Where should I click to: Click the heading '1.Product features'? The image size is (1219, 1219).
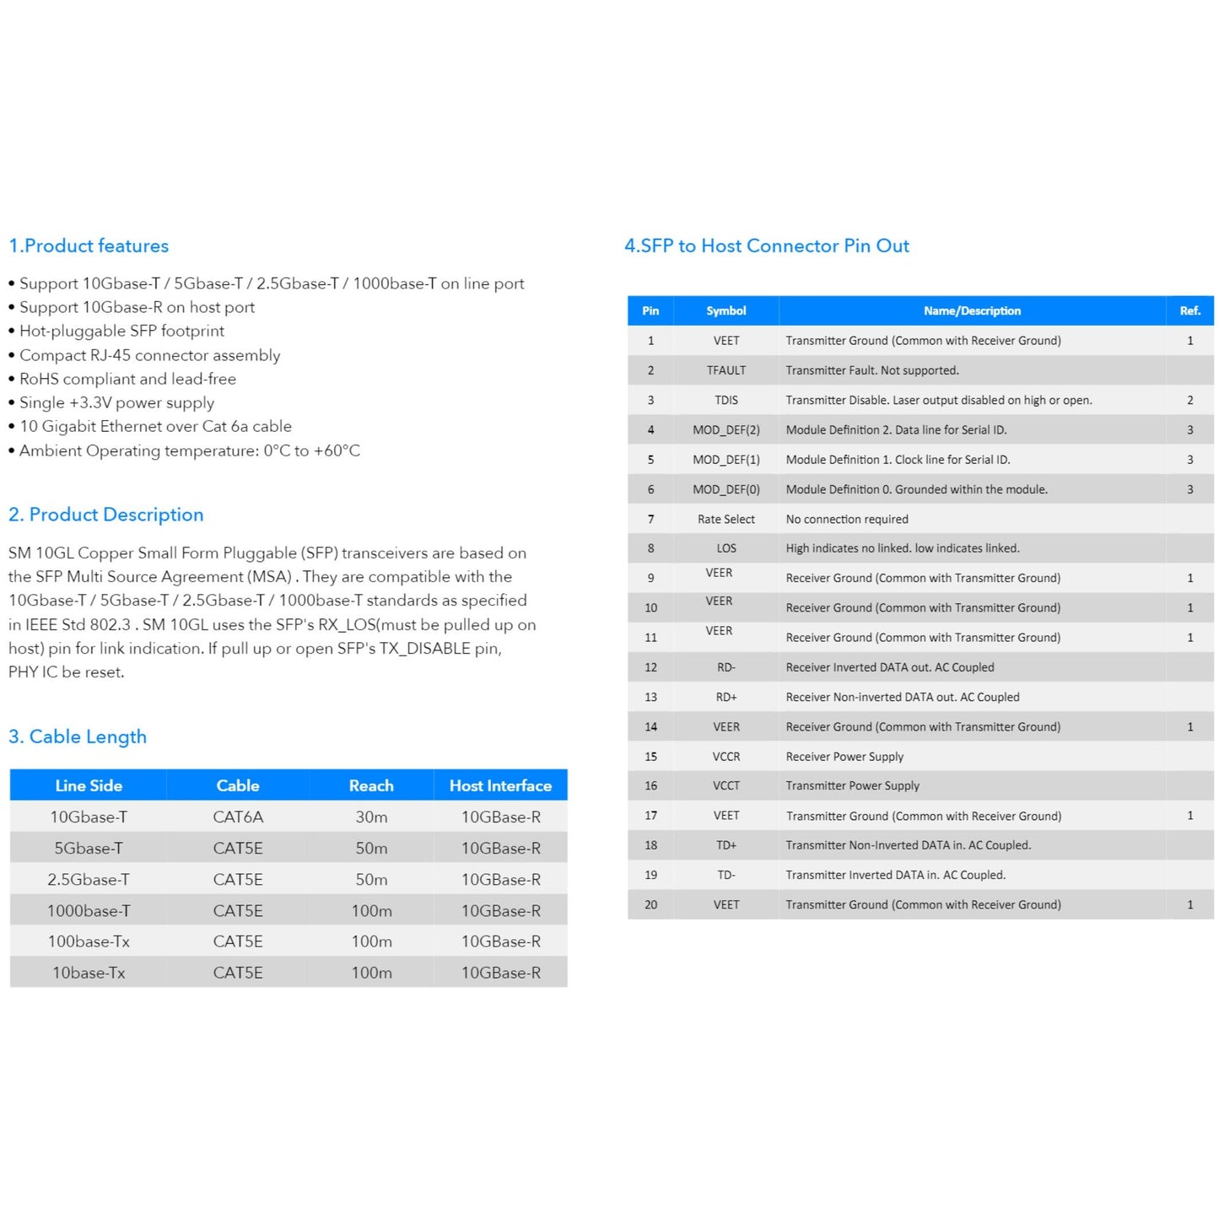89,245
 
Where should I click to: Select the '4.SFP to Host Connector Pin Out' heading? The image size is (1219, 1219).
766,245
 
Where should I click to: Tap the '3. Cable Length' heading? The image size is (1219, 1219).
78,736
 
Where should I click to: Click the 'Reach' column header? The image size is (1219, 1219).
371,785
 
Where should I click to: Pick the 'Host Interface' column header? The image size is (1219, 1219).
500,785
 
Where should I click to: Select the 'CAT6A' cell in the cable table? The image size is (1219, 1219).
238,817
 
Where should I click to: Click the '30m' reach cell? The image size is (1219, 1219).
371,817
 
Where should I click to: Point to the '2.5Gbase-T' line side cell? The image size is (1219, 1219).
89,879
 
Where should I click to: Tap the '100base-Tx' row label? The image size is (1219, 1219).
89,941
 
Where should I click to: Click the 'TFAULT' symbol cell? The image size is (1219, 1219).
726,370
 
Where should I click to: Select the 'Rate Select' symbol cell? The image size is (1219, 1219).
726,519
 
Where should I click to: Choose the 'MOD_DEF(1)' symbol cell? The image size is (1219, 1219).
726,460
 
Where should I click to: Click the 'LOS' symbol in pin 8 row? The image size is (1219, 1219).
726,548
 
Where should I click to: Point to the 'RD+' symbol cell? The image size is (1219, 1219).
726,697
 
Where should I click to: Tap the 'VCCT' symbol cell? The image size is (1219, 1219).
726,785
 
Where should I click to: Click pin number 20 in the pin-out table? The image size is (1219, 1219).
650,904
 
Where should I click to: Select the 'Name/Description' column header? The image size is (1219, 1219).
972,310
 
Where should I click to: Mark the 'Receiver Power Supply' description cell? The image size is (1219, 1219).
844,757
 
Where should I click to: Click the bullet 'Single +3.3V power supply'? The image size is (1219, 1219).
116,402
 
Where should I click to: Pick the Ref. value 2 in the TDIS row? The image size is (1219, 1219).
1190,400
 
